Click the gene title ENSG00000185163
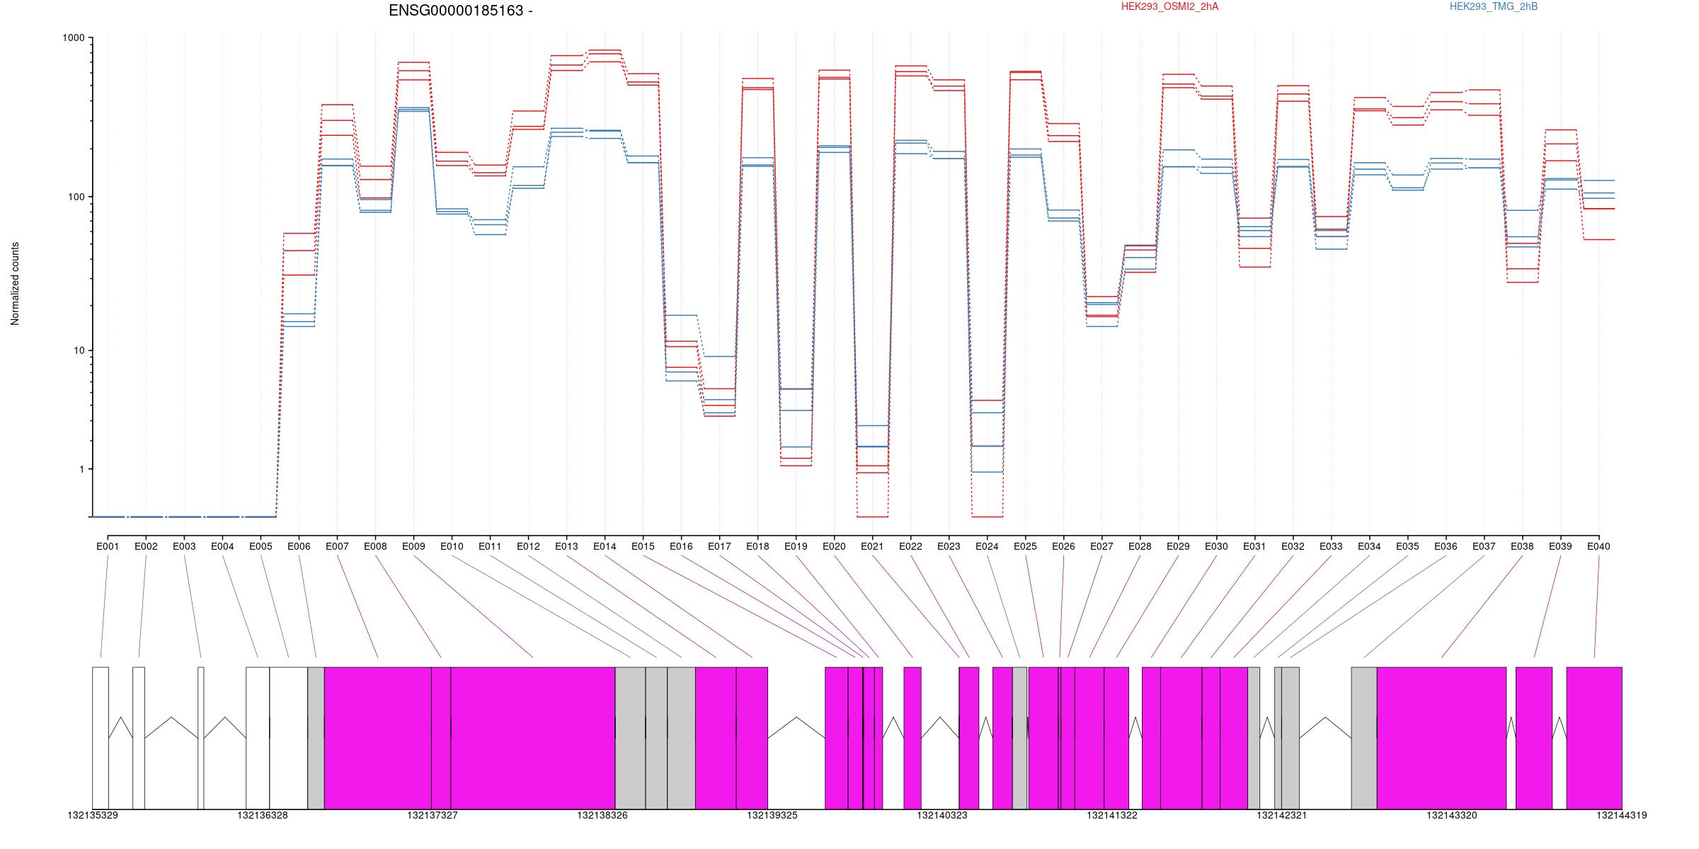456,11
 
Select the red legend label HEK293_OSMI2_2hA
1169,7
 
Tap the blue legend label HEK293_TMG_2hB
1494,7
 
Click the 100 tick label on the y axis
75,197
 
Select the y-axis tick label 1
81,469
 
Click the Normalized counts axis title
15,284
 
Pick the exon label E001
108,546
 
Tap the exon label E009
413,546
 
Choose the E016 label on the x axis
681,546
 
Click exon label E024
987,546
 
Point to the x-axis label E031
1254,546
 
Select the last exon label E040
1598,546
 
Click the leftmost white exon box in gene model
101,738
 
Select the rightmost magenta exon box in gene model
1594,738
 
